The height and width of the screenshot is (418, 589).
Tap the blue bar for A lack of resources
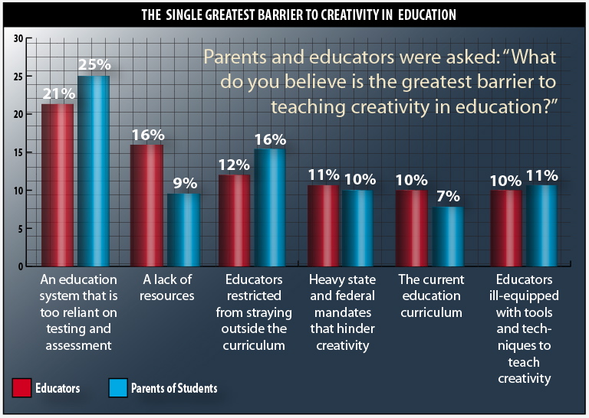click(x=184, y=230)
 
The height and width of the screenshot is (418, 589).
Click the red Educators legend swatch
click(x=22, y=388)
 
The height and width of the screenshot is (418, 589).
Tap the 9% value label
click(x=184, y=184)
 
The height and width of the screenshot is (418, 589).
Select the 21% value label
click(x=59, y=93)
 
